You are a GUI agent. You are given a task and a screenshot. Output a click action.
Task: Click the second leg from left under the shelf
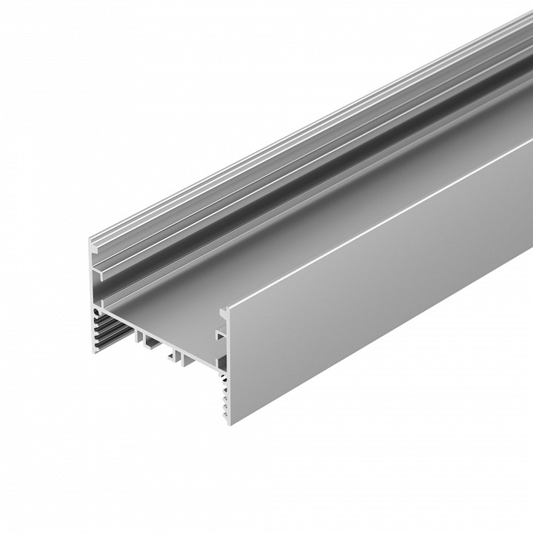(150, 341)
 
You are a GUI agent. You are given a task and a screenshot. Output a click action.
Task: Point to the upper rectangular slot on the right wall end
(220, 334)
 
